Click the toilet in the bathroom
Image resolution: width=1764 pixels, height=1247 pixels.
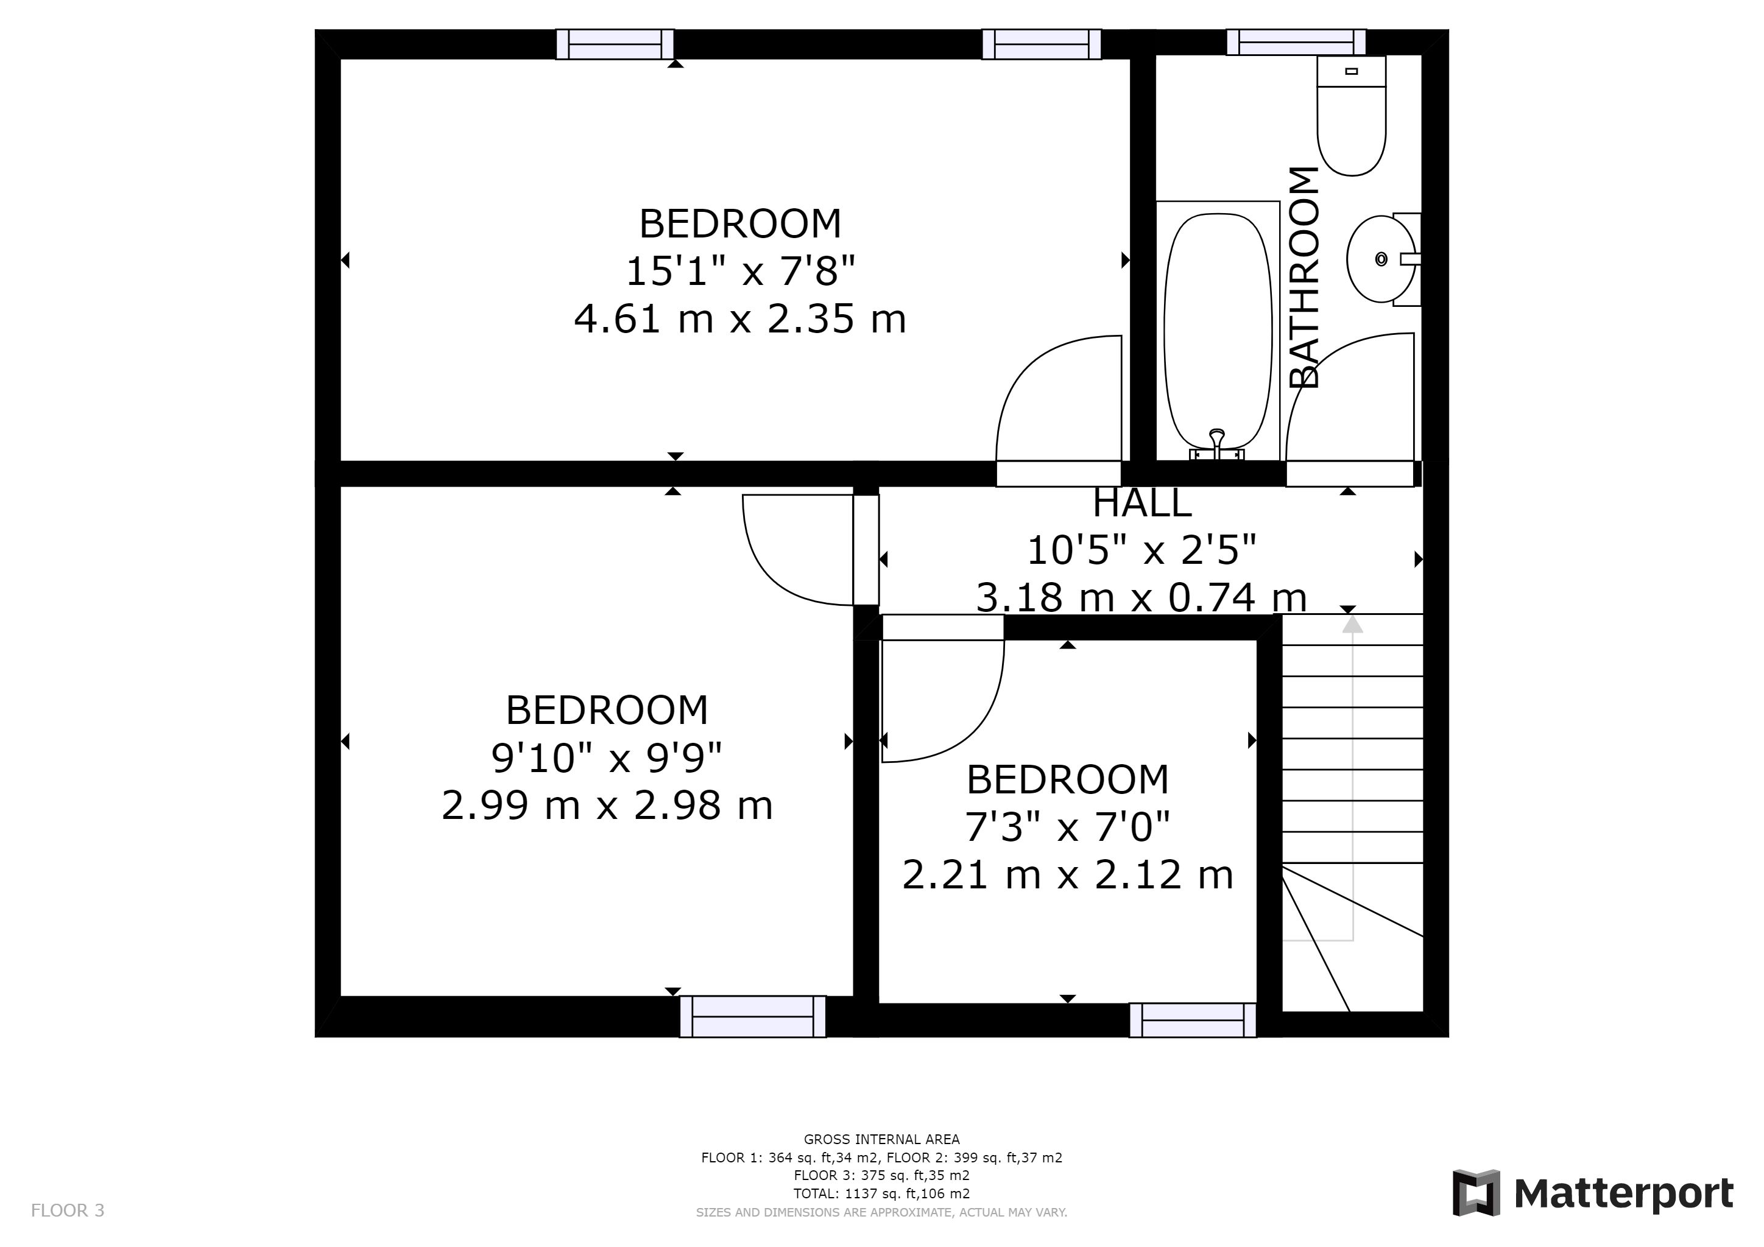pos(1352,115)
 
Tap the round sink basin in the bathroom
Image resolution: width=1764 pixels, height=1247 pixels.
pos(1381,259)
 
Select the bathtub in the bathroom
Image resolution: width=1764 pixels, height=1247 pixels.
pos(1218,331)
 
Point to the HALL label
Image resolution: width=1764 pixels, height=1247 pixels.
pos(1141,503)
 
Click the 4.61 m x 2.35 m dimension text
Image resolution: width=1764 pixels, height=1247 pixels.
pos(740,318)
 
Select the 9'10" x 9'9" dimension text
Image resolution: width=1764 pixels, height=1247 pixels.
pos(606,758)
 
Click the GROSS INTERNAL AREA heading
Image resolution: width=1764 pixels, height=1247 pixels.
pos(881,1139)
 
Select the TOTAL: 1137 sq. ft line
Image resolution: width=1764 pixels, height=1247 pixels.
pos(881,1193)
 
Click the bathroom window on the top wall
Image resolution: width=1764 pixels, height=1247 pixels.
pos(1296,42)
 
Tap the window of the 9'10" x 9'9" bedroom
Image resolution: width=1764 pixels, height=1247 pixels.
pos(753,1017)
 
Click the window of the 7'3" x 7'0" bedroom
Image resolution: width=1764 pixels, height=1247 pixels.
pos(1193,1020)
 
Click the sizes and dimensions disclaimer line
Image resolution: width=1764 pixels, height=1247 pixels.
pos(881,1212)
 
